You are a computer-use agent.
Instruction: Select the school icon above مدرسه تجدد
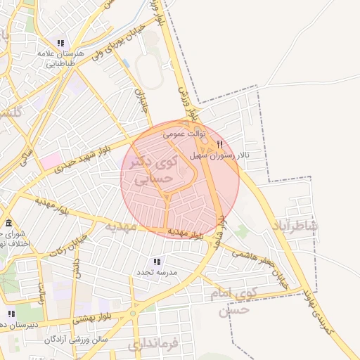pyautogui.click(x=156, y=262)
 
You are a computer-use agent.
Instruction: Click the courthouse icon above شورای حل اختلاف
pyautogui.click(x=8, y=224)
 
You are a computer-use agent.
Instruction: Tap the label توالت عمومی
pyautogui.click(x=184, y=132)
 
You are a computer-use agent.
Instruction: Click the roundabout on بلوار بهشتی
pyautogui.click(x=132, y=314)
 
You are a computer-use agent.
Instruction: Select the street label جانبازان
pyautogui.click(x=140, y=103)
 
